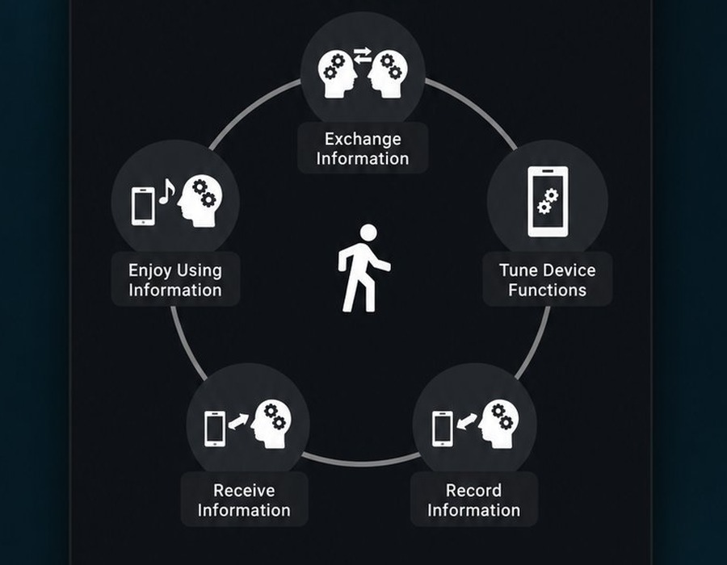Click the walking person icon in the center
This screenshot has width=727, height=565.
click(x=363, y=268)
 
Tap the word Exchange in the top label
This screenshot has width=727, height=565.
click(x=363, y=139)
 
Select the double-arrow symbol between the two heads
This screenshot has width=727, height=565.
click(x=363, y=56)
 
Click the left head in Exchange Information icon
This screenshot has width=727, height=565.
click(x=337, y=74)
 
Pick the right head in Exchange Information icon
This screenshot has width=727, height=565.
click(x=388, y=74)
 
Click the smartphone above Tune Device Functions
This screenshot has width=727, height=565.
click(x=548, y=202)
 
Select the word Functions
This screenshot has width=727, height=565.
click(x=547, y=291)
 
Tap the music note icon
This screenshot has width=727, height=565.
click(x=166, y=191)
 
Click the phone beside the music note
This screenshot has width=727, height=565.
click(x=143, y=206)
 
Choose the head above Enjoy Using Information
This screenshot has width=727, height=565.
click(x=200, y=202)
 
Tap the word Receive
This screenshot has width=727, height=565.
click(x=244, y=491)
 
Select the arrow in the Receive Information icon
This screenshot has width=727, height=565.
click(x=238, y=421)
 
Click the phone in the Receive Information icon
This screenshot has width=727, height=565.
click(x=215, y=429)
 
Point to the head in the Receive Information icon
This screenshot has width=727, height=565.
click(x=271, y=425)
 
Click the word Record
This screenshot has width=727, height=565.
click(x=473, y=491)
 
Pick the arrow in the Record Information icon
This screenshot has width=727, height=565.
click(x=466, y=421)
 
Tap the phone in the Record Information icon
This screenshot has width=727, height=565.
click(x=443, y=429)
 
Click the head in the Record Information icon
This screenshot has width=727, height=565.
click(x=499, y=425)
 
